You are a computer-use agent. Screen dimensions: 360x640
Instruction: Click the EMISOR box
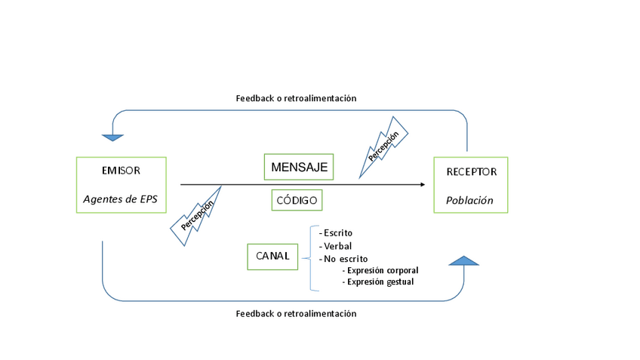[x=122, y=185]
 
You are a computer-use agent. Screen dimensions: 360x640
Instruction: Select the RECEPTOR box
[x=470, y=185]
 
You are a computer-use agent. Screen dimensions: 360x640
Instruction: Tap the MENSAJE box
[x=299, y=167]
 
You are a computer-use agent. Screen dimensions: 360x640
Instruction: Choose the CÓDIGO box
[x=297, y=200]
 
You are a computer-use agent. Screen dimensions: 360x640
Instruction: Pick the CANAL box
[x=272, y=257]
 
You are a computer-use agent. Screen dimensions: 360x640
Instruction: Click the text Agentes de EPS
[x=121, y=200]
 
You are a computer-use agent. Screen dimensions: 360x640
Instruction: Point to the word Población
[x=469, y=201]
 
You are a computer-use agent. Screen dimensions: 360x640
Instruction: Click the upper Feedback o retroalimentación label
[x=296, y=98]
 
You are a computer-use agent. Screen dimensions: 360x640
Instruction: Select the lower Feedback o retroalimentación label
[x=296, y=313]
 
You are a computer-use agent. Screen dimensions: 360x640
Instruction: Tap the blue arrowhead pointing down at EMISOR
[x=112, y=137]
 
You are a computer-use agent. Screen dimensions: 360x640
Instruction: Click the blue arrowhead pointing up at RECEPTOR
[x=463, y=261]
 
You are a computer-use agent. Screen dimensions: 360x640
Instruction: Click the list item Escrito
[x=337, y=233]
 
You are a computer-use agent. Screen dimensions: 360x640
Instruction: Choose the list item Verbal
[x=336, y=246]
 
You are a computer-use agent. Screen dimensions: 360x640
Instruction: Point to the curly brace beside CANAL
[x=311, y=258]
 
